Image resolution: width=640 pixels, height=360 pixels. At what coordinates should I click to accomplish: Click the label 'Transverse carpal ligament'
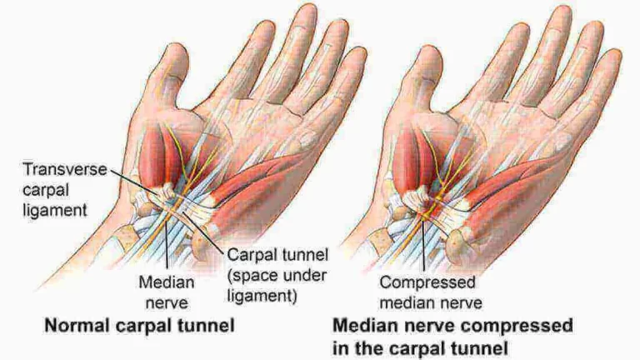[x=65, y=190]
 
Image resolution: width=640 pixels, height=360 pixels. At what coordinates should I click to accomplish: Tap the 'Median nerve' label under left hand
[x=167, y=292]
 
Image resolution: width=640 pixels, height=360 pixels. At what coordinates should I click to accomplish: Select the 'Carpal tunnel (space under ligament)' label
[x=277, y=275]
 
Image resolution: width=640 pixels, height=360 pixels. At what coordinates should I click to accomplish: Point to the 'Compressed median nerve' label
[x=431, y=292]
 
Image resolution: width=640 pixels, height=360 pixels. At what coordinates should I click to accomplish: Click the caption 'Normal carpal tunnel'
[x=140, y=326]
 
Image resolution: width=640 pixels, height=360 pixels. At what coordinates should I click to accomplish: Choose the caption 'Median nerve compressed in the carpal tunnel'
[x=452, y=337]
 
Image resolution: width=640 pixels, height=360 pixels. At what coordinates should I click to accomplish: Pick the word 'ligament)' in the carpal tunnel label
[x=262, y=296]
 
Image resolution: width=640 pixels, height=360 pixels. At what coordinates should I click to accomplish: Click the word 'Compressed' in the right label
[x=427, y=282]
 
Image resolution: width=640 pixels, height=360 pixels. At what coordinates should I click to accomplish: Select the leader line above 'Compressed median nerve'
[x=424, y=246]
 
